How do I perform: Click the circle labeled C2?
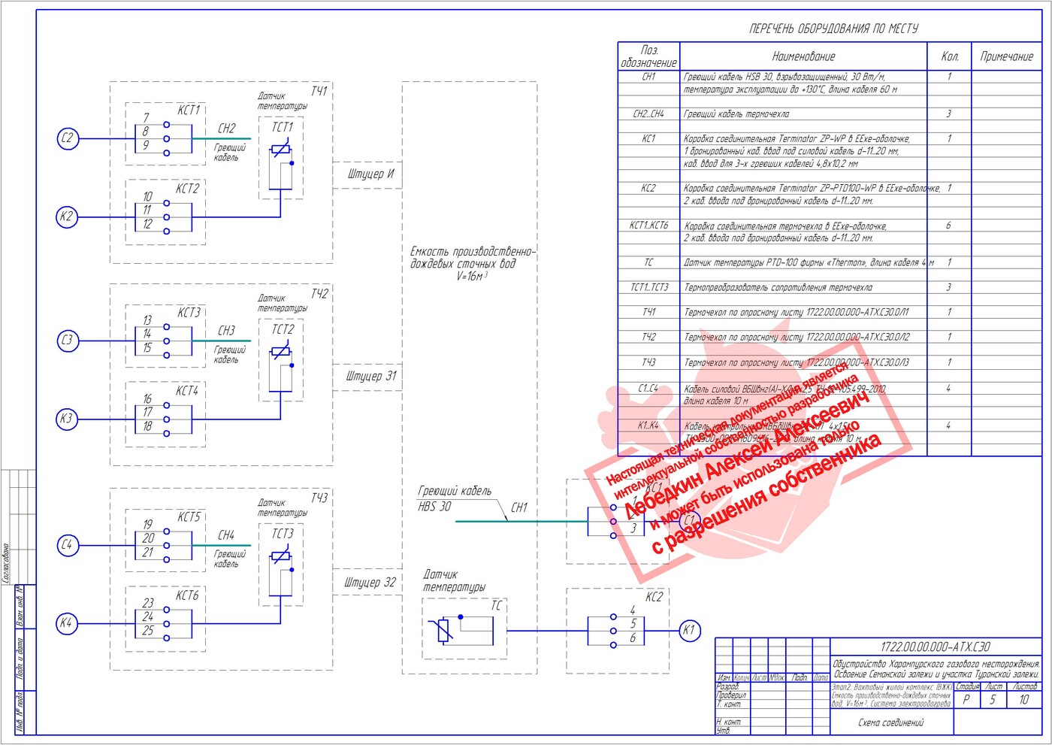68,138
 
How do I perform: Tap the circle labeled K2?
68,217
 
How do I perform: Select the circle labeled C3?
68,341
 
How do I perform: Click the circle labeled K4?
68,623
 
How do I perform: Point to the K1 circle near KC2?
688,630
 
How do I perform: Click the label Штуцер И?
370,174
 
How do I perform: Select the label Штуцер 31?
370,376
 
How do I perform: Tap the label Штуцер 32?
370,583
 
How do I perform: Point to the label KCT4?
187,391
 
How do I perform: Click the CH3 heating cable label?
226,331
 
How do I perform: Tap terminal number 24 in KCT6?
148,616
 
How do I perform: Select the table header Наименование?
803,56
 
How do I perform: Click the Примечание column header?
1006,56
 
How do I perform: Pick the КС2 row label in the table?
648,188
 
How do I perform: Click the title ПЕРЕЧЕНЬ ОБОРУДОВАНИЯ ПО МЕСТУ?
833,29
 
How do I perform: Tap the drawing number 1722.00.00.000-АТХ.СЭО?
935,647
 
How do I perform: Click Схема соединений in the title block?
891,722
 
